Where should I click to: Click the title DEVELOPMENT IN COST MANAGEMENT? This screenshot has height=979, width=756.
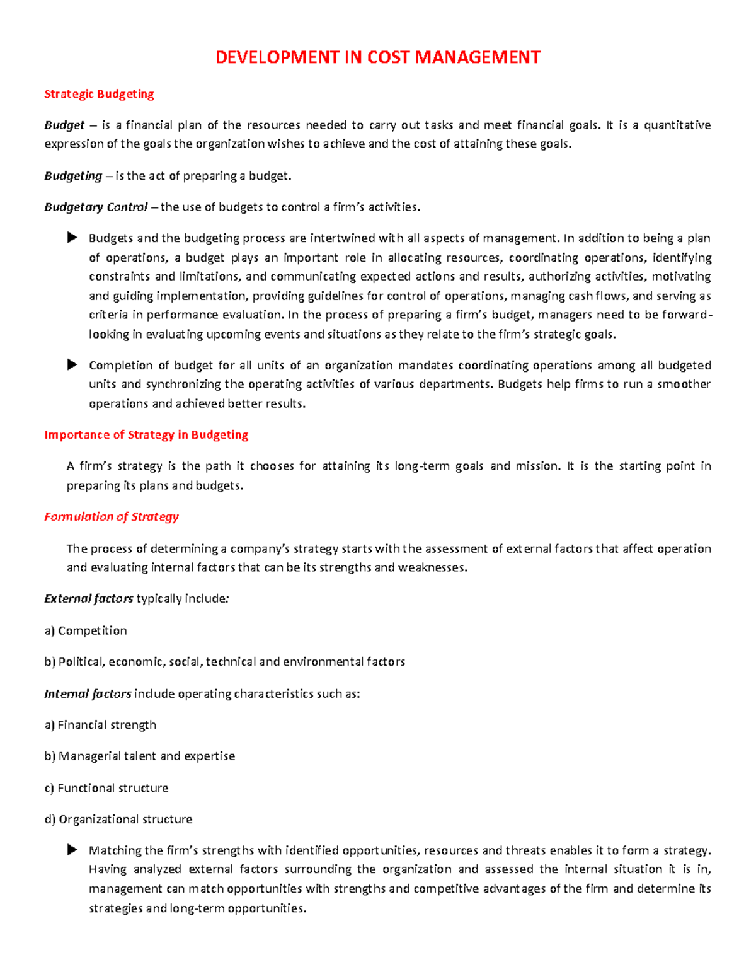pyautogui.click(x=378, y=57)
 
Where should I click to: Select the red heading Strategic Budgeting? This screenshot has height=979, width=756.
pyautogui.click(x=99, y=94)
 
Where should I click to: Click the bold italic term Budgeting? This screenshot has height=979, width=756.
pyautogui.click(x=73, y=176)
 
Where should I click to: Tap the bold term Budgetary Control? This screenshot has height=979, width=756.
pyautogui.click(x=96, y=207)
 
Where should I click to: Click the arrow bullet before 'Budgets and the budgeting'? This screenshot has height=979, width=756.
pyautogui.click(x=72, y=238)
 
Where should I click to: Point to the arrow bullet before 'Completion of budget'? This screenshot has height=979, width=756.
pyautogui.click(x=72, y=365)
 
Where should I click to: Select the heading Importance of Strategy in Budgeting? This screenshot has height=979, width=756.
pyautogui.click(x=146, y=435)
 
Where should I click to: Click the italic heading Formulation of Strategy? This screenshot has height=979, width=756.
pyautogui.click(x=112, y=517)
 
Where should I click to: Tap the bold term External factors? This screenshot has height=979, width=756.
pyautogui.click(x=88, y=598)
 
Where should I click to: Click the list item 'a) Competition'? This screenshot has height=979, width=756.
pyautogui.click(x=86, y=630)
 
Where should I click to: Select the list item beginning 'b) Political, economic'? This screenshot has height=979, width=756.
pyautogui.click(x=224, y=662)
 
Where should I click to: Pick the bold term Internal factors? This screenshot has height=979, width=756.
pyautogui.click(x=88, y=693)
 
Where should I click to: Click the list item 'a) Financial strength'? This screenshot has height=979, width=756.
pyautogui.click(x=100, y=725)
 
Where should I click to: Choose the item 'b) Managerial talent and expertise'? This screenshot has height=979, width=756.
pyautogui.click(x=139, y=756)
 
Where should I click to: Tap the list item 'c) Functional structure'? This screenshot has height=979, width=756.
pyautogui.click(x=106, y=788)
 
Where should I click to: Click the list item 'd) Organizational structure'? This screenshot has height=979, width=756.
pyautogui.click(x=118, y=820)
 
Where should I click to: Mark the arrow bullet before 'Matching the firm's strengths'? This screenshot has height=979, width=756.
pyautogui.click(x=72, y=850)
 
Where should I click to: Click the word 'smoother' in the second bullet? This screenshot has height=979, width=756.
pyautogui.click(x=684, y=384)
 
